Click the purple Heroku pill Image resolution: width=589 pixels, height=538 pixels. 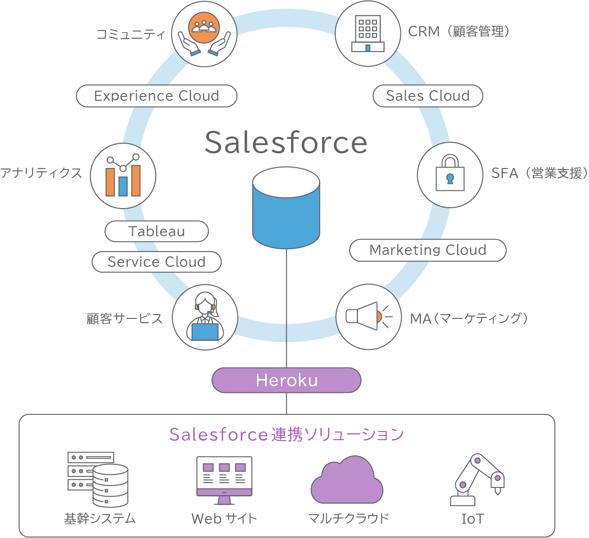pyautogui.click(x=287, y=380)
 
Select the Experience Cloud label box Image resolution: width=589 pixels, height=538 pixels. pyautogui.click(x=157, y=96)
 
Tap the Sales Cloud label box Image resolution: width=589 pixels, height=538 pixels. pyautogui.click(x=428, y=96)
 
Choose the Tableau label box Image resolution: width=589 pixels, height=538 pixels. pyautogui.click(x=157, y=231)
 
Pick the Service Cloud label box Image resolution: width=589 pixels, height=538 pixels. pyautogui.click(x=157, y=262)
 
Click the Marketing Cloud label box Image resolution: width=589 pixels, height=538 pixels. pyautogui.click(x=428, y=250)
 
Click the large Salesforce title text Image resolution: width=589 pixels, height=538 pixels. pyautogui.click(x=286, y=142)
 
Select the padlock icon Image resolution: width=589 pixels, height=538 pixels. pyautogui.click(x=450, y=174)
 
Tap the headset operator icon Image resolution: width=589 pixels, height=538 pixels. pyautogui.click(x=205, y=317)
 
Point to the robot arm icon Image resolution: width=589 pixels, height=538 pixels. pyautogui.click(x=477, y=479)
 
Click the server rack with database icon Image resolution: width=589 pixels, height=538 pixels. pyautogui.click(x=98, y=479)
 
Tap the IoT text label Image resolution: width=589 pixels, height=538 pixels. pyautogui.click(x=472, y=518)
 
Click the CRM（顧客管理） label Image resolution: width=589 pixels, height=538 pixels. pyautogui.click(x=459, y=32)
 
